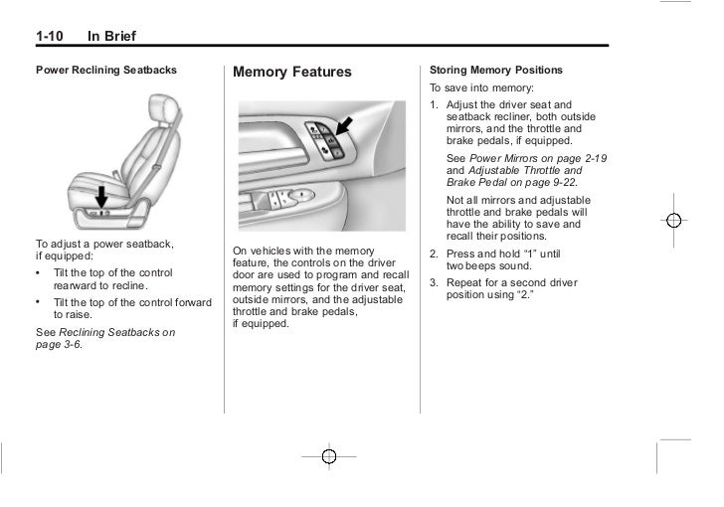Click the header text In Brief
tap(111, 38)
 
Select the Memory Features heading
tap(292, 73)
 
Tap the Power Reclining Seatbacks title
tap(106, 71)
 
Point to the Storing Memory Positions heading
tap(495, 71)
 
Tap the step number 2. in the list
tap(435, 253)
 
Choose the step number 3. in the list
tap(435, 282)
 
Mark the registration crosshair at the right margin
tap(673, 220)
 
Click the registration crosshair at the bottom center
tap(330, 455)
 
